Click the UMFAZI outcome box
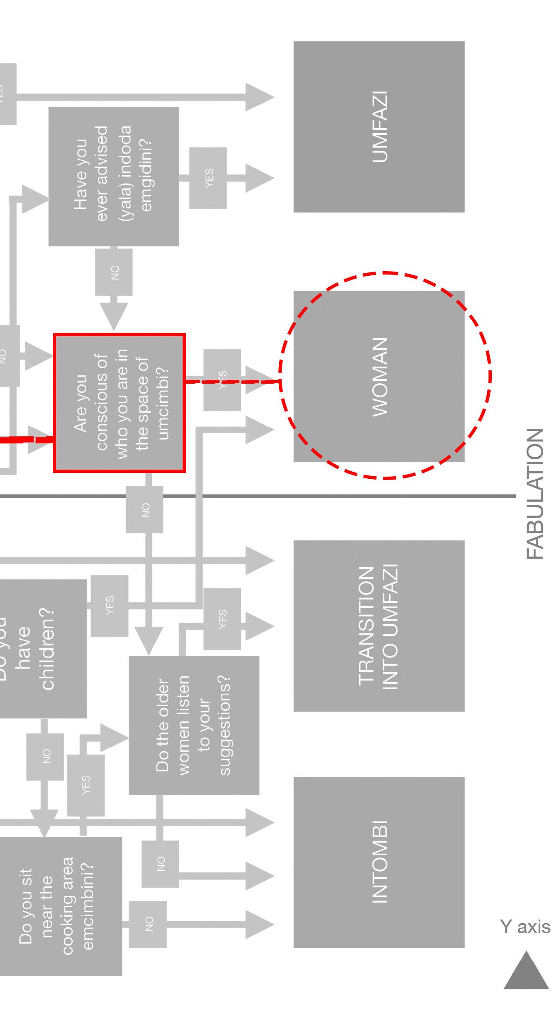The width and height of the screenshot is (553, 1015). (379, 127)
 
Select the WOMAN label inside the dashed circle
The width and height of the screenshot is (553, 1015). (380, 377)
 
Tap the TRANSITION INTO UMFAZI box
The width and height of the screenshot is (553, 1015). (379, 626)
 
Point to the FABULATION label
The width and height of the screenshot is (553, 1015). (535, 494)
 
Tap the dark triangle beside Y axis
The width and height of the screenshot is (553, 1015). (526, 971)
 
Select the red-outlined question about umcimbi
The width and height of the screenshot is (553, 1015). (119, 403)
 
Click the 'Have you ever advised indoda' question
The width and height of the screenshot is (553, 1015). (113, 176)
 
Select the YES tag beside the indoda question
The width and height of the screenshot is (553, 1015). (208, 178)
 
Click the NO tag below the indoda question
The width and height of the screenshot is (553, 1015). (114, 272)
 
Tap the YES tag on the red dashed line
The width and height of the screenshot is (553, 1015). (222, 380)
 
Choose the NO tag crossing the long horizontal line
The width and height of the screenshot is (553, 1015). (145, 509)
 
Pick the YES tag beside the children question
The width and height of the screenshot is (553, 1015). (109, 605)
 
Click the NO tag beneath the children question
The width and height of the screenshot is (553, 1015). (45, 757)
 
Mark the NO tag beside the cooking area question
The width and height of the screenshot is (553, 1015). (148, 924)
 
